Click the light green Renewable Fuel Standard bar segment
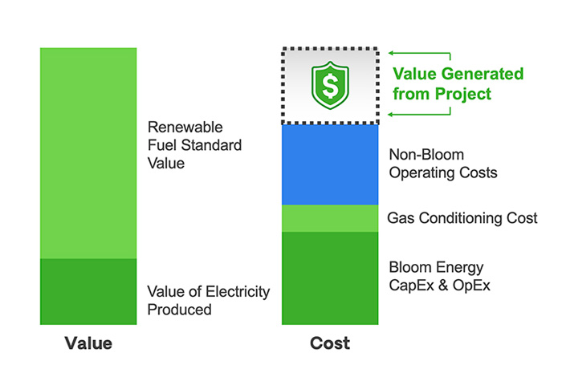point(88,152)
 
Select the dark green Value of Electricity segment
point(88,291)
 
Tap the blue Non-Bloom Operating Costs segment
point(330,164)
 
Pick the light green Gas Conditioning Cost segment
point(330,218)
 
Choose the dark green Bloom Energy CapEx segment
point(330,278)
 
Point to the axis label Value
point(88,343)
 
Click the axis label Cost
point(330,343)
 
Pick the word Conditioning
point(460,218)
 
